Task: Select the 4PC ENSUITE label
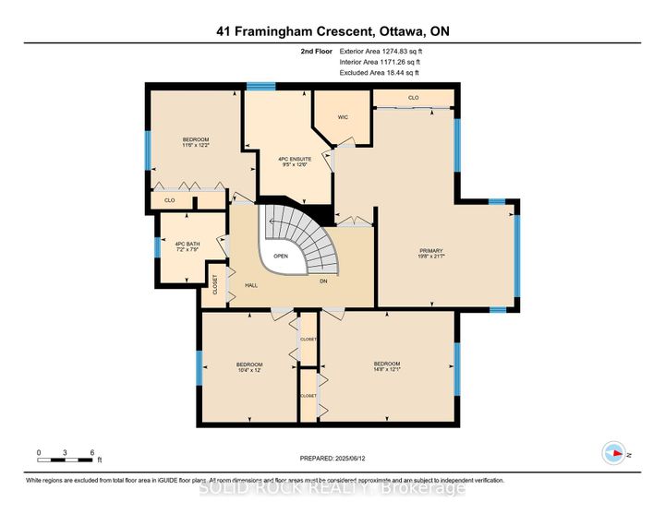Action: [x=295, y=159]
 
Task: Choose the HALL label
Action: [x=250, y=285]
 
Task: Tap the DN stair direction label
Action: [x=323, y=281]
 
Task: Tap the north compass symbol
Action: [x=611, y=452]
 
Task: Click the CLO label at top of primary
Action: [x=413, y=97]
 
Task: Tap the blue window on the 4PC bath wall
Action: [x=156, y=247]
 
